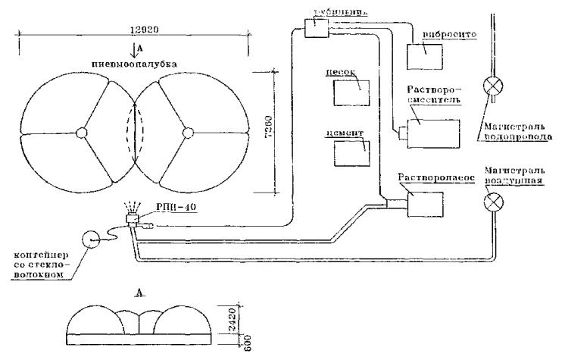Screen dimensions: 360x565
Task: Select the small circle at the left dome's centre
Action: (81, 133)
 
